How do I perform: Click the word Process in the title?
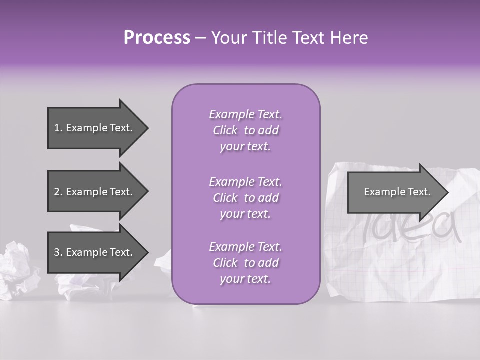pyautogui.click(x=157, y=38)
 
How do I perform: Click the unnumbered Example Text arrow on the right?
pyautogui.click(x=397, y=192)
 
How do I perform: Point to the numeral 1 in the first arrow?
pyautogui.click(x=57, y=128)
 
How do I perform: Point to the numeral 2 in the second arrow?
pyautogui.click(x=57, y=192)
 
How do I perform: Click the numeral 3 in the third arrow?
pyautogui.click(x=57, y=252)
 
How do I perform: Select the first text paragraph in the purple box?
pyautogui.click(x=245, y=130)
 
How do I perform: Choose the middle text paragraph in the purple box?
pyautogui.click(x=245, y=198)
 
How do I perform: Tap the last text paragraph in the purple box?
pyautogui.click(x=245, y=263)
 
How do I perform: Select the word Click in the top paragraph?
pyautogui.click(x=225, y=130)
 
